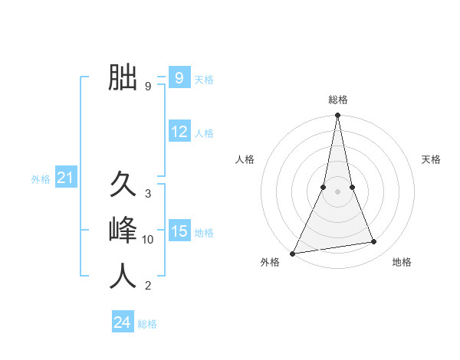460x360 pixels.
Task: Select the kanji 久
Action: pos(123,186)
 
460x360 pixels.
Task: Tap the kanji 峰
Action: pos(123,231)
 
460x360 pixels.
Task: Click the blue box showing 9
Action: pos(179,78)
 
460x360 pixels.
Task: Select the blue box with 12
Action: pos(179,132)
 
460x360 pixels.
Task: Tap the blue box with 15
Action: pos(179,231)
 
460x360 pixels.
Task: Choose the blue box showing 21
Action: pos(65,178)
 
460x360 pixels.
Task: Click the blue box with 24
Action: pos(123,322)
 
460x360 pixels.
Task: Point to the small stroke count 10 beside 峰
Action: pos(148,240)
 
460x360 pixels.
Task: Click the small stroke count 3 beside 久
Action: pos(148,194)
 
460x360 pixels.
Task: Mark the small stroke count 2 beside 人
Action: pos(148,286)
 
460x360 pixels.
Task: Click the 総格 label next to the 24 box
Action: pos(147,324)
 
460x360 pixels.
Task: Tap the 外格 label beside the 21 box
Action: pos(41,180)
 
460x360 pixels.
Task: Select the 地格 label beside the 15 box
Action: pos(204,233)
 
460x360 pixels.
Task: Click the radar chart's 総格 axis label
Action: pos(337,100)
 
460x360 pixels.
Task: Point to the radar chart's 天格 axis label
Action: pos(431,159)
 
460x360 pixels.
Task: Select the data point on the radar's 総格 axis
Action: pos(337,116)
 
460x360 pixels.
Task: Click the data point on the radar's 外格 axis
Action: pos(292,254)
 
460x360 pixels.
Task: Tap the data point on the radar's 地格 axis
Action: pos(374,242)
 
